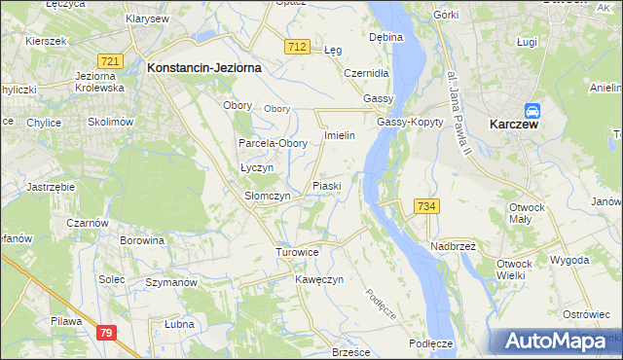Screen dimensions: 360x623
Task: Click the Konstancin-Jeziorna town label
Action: point(206,68)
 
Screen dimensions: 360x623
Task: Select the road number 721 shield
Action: point(111,61)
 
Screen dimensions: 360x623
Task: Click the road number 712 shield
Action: point(298,47)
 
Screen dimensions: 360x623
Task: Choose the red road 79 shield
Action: point(107,334)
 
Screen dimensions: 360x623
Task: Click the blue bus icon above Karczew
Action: point(533,112)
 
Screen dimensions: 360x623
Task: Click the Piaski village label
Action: point(326,185)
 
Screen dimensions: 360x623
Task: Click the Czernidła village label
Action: point(367,73)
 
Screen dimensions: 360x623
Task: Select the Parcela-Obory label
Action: point(274,143)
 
